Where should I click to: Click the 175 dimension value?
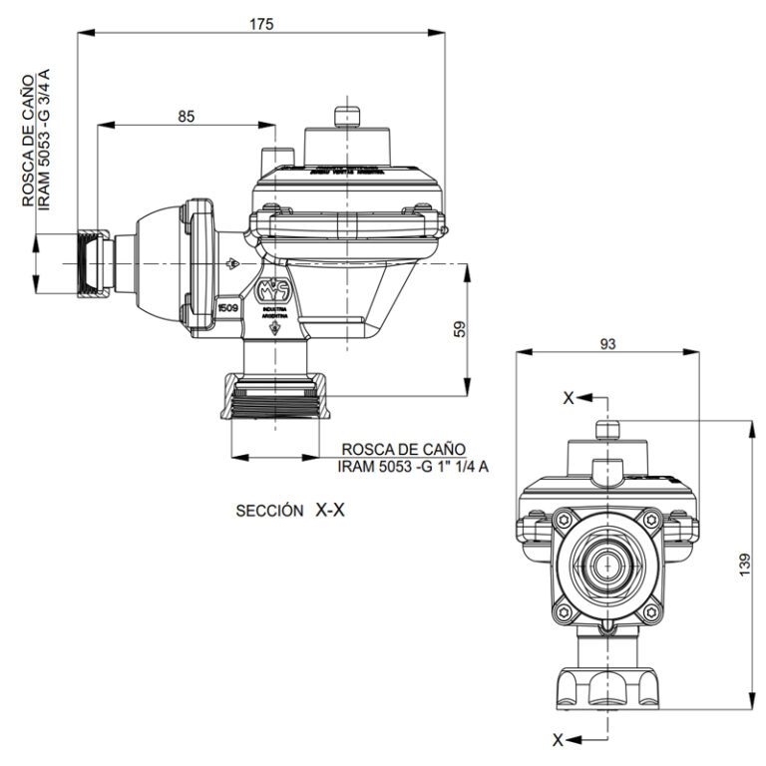click(x=262, y=23)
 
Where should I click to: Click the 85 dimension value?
click(x=187, y=116)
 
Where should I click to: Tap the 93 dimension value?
click(x=607, y=343)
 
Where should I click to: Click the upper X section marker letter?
click(x=569, y=398)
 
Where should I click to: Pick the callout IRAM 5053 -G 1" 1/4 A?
click(x=414, y=466)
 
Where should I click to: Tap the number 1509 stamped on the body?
click(x=227, y=309)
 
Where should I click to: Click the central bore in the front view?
click(x=605, y=565)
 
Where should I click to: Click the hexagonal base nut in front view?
click(x=605, y=688)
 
